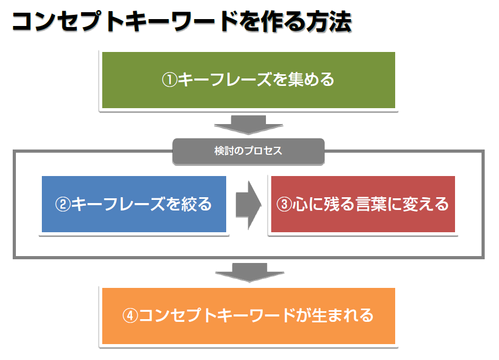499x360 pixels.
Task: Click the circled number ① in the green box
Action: coord(169,80)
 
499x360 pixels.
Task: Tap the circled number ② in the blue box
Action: coord(63,204)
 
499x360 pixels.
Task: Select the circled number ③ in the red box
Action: coord(284,204)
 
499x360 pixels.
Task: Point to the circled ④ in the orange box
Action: coord(130,315)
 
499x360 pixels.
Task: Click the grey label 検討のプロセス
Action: coord(248,151)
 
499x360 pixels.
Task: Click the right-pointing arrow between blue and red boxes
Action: coord(248,205)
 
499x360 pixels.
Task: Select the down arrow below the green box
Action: coord(248,125)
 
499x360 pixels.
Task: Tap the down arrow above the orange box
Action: coord(250,272)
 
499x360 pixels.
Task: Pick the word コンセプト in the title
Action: coord(59,22)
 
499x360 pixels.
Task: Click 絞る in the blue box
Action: coord(196,204)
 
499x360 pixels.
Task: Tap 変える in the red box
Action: coord(426,204)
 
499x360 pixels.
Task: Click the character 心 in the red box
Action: coord(300,204)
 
